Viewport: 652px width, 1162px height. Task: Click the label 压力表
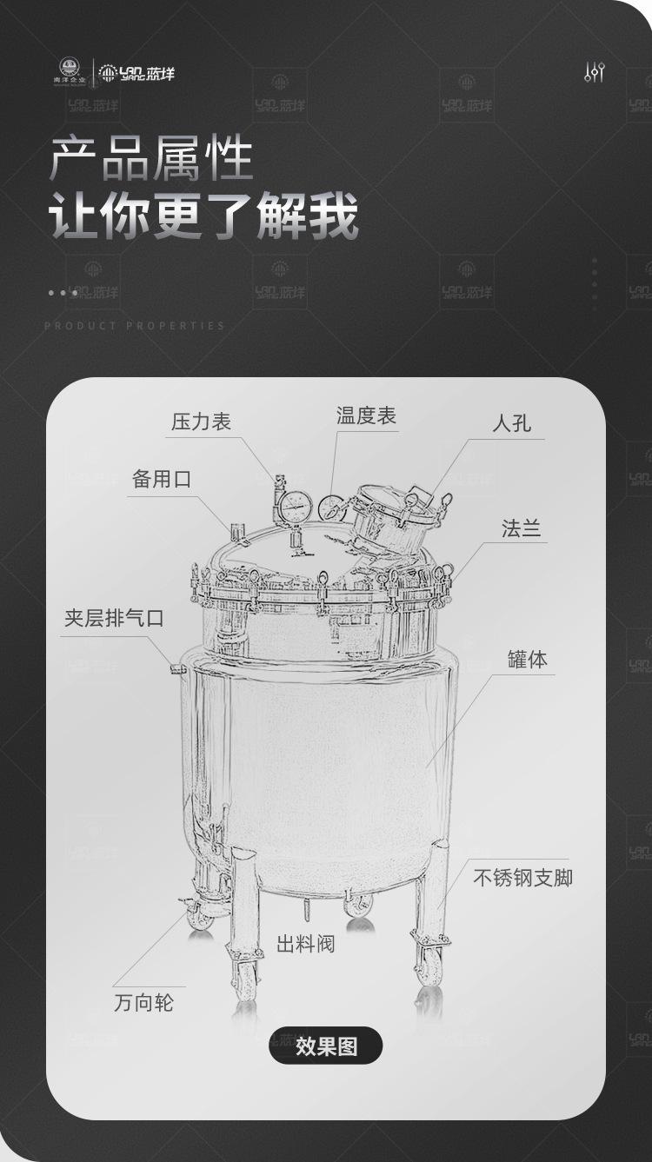(201, 422)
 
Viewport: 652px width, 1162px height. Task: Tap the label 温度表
(366, 416)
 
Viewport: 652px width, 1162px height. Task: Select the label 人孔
(511, 424)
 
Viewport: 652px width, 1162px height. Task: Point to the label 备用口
(161, 479)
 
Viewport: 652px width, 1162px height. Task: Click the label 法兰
(522, 528)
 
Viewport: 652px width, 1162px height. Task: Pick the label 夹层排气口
(114, 619)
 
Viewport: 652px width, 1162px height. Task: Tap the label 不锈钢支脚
(522, 877)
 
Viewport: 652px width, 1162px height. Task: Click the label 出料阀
(305, 944)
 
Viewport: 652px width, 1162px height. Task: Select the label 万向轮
(144, 1002)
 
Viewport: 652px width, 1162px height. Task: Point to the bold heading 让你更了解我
(203, 217)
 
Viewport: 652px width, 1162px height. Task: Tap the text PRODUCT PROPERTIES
(135, 326)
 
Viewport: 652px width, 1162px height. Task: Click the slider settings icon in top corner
(594, 72)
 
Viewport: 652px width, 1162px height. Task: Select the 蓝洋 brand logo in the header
(136, 73)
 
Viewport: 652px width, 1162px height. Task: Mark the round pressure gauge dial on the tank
(297, 503)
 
